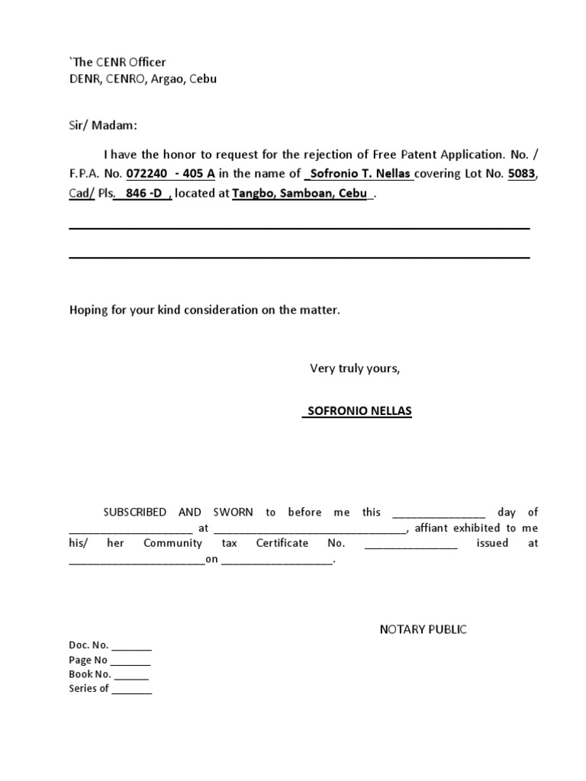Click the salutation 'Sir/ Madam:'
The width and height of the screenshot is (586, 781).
click(103, 125)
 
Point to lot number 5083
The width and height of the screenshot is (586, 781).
click(521, 173)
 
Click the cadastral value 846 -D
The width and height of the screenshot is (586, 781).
click(143, 194)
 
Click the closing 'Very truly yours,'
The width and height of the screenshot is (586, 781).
click(354, 368)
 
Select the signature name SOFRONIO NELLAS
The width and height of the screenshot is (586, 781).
click(357, 411)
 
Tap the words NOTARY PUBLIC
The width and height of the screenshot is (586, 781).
click(423, 629)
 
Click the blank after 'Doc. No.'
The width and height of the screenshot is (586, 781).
click(132, 646)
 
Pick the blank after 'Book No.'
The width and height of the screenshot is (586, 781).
click(131, 675)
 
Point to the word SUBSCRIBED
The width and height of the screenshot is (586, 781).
click(134, 513)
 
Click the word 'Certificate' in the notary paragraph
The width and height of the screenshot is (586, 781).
click(282, 543)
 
